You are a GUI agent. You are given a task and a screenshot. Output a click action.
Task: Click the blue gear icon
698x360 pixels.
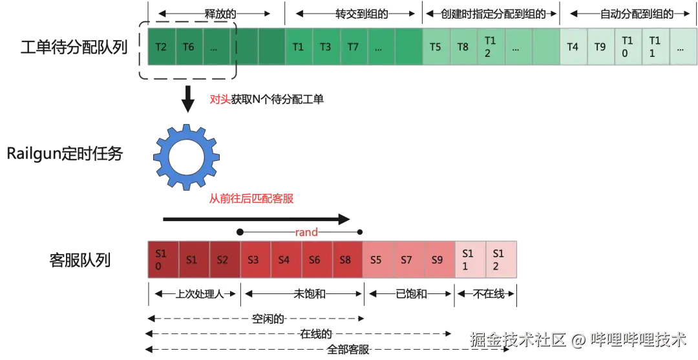tap(187, 157)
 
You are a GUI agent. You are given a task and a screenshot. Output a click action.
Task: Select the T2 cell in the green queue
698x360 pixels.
tap(162, 47)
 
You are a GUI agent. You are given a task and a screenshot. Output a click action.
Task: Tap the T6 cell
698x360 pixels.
tap(189, 47)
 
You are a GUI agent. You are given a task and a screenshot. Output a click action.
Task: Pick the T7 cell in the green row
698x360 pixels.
tap(353, 47)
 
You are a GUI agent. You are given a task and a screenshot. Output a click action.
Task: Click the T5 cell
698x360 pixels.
tap(436, 47)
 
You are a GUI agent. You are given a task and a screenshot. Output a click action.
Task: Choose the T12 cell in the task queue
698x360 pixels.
tap(490, 47)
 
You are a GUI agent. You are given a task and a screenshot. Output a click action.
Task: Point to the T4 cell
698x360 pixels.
tap(573, 47)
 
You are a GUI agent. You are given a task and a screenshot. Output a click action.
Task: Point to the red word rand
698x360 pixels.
tap(307, 232)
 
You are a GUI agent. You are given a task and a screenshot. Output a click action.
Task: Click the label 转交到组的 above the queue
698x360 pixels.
tap(361, 14)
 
